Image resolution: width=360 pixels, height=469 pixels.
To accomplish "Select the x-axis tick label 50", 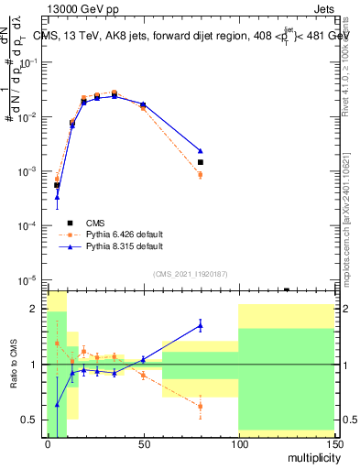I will point(143,444).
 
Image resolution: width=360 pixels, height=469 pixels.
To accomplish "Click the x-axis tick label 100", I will point(238,444).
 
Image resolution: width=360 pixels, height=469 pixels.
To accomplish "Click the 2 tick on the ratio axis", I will point(36,309).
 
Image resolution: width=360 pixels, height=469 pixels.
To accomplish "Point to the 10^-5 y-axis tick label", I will point(29,280).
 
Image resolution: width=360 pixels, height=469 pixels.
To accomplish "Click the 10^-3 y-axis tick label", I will point(29,171).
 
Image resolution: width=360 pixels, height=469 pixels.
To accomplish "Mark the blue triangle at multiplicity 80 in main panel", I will point(200,150).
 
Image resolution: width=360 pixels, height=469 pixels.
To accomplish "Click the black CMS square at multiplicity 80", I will point(200,162).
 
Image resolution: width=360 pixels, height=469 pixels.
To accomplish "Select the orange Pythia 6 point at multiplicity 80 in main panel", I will point(200,174).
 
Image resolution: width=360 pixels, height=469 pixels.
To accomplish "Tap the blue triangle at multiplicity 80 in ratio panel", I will point(200,324).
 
